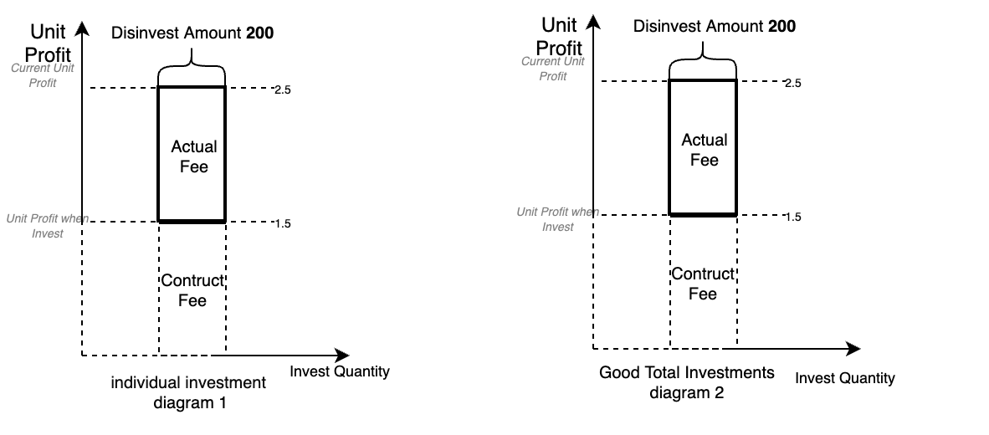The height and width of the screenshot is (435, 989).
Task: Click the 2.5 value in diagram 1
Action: (282, 89)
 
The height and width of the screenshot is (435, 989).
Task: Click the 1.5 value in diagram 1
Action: (282, 223)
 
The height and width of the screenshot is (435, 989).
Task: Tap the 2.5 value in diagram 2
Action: (792, 83)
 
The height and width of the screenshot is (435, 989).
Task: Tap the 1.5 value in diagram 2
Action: (792, 217)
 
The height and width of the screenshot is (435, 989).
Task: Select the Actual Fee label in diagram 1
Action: (193, 156)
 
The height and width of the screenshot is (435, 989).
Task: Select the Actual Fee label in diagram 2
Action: (704, 150)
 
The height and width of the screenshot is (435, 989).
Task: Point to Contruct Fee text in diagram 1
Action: (192, 290)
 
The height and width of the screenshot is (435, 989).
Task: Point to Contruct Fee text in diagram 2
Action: (703, 284)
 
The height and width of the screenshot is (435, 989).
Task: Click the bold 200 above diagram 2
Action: (782, 26)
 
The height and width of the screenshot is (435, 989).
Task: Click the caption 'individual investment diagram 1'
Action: (188, 392)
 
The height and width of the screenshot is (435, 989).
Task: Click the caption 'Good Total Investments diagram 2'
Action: (687, 382)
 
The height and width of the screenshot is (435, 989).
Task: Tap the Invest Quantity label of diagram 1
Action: (340, 371)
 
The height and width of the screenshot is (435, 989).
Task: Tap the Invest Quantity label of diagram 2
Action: (845, 378)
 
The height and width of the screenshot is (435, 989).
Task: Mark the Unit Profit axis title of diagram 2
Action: (560, 35)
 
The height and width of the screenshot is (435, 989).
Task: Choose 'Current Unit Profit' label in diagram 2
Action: (553, 69)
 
